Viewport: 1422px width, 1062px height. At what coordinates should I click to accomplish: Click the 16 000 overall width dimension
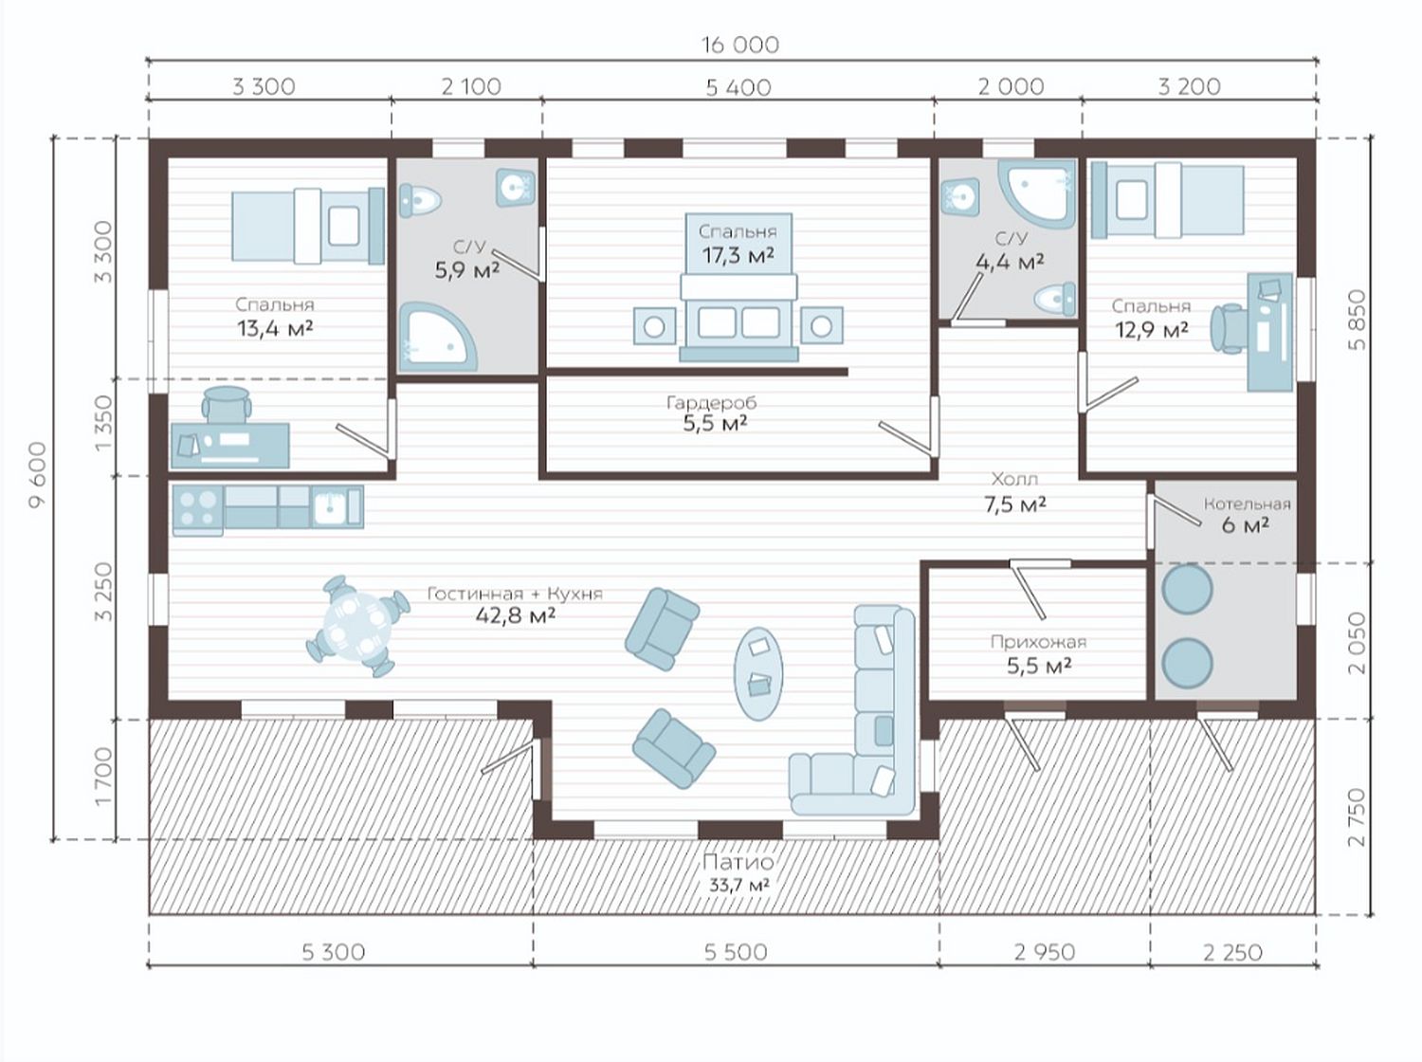(739, 45)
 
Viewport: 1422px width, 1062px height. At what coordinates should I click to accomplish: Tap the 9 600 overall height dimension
(39, 475)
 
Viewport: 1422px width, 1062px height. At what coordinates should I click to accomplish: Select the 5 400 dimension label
(738, 87)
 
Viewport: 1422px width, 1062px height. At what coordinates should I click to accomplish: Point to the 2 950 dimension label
(1045, 952)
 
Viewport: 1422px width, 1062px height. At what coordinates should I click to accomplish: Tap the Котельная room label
(1247, 504)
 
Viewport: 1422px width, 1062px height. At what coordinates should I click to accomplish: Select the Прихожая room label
(1038, 642)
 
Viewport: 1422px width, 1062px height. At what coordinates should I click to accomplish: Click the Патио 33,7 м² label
(738, 872)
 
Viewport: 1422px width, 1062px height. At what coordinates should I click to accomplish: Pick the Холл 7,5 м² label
(1015, 492)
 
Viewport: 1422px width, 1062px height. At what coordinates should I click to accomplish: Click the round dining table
(357, 626)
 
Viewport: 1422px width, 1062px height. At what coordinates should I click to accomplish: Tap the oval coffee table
(758, 673)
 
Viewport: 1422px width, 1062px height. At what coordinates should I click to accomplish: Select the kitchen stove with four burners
(198, 510)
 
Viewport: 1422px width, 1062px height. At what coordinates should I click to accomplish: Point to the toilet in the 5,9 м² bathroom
(419, 199)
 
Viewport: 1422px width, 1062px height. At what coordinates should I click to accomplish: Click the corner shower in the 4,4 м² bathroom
(1036, 193)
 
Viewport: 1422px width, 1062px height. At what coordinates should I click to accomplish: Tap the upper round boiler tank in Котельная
(1187, 589)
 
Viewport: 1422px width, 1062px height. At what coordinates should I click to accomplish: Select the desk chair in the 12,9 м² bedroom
(1230, 328)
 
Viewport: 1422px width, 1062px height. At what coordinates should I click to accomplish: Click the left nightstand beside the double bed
(654, 326)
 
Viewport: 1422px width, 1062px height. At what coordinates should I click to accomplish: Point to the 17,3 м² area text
(738, 255)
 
